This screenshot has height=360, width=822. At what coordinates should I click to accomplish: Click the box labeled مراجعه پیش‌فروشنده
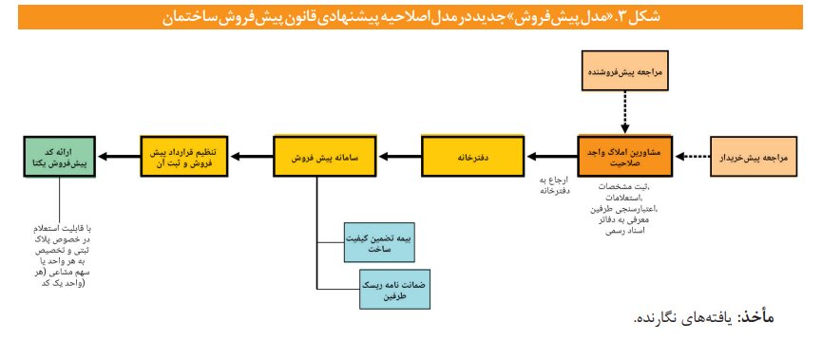[x=623, y=71]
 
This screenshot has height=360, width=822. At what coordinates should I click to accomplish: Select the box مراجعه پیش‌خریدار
[x=757, y=156]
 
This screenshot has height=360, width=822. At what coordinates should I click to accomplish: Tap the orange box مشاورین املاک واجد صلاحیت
[x=623, y=156]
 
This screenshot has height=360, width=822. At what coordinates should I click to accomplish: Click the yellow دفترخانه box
[x=472, y=156]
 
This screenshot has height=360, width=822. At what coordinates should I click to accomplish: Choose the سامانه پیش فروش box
[x=319, y=156]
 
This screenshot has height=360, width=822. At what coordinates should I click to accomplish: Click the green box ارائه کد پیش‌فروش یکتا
[x=59, y=156]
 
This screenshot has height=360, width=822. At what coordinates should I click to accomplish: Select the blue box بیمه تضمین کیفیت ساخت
[x=388, y=243]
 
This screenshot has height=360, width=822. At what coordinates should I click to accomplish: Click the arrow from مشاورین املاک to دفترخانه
[x=552, y=156]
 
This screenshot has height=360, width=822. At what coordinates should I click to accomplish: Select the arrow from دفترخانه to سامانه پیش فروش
[x=394, y=156]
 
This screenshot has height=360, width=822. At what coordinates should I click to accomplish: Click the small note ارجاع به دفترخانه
[x=554, y=185]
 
